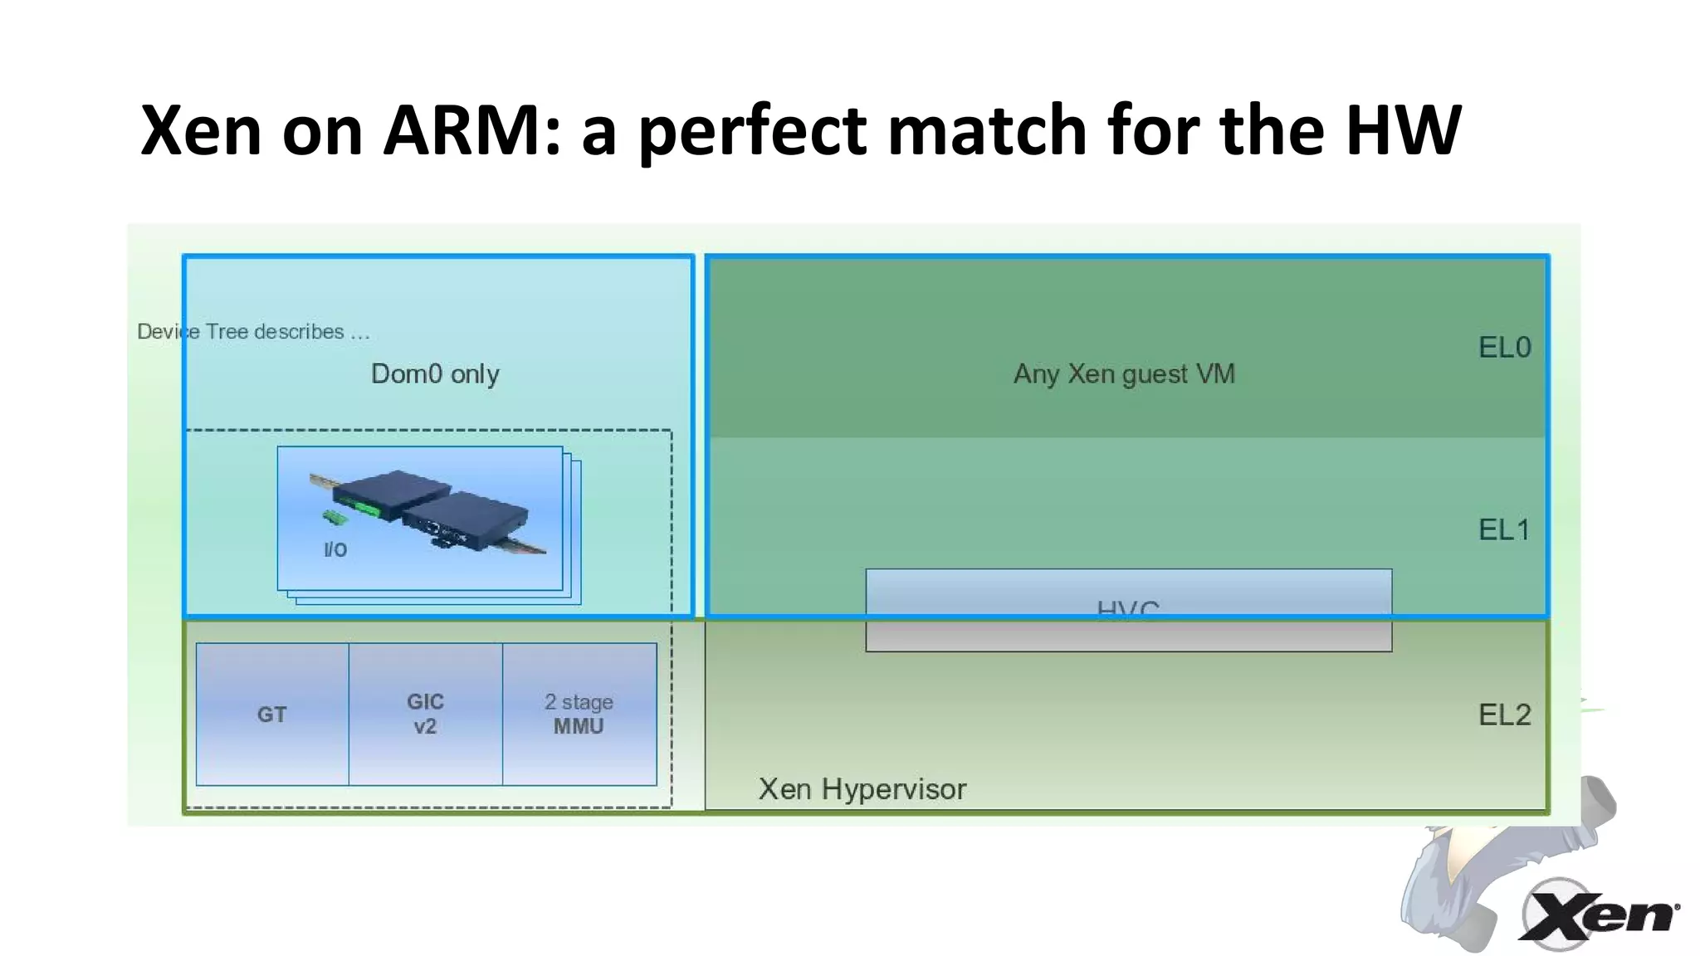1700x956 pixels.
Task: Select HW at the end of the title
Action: point(1402,130)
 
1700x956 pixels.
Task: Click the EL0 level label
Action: point(1504,348)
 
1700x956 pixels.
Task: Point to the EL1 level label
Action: point(1503,530)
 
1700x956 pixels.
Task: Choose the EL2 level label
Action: point(1504,715)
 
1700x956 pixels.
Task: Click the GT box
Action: point(272,715)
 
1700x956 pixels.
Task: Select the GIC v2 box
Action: point(425,714)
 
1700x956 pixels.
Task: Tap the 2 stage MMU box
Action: point(579,714)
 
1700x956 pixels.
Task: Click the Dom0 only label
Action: point(435,374)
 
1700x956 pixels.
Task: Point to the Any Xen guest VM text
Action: point(1124,374)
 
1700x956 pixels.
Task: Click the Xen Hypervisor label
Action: point(862,789)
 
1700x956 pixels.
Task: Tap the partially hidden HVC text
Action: point(1127,610)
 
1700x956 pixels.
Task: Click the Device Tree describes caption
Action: point(253,332)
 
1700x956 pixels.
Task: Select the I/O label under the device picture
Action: point(335,550)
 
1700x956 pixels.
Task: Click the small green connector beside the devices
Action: point(335,519)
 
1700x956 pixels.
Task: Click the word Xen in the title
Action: point(201,130)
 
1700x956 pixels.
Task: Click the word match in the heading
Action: point(987,130)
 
